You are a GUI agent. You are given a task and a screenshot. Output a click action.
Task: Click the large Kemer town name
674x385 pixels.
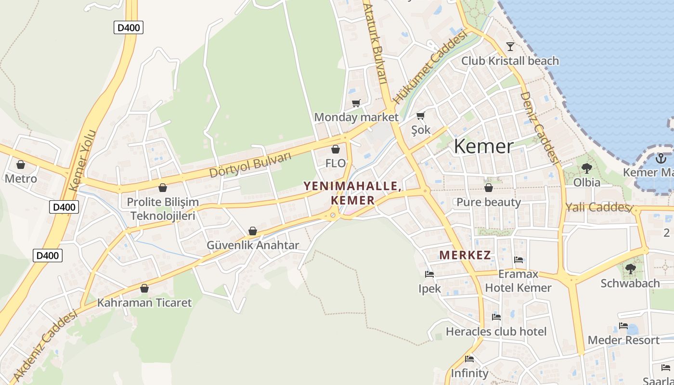483,146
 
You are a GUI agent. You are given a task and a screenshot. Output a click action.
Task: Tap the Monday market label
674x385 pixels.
356,117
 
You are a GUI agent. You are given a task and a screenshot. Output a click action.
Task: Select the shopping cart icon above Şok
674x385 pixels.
420,115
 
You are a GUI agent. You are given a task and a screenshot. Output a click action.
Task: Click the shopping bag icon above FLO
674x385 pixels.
336,149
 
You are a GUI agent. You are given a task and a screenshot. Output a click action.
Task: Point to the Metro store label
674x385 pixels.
21,179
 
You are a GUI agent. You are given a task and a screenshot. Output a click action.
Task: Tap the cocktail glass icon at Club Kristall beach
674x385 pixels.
510,46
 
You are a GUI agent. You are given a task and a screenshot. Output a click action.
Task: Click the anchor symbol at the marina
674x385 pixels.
661,158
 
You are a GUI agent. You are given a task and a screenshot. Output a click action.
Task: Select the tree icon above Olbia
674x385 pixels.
586,168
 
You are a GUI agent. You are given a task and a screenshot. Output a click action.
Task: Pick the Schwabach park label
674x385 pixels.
630,283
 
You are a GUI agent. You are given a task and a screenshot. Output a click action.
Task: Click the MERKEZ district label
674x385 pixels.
465,256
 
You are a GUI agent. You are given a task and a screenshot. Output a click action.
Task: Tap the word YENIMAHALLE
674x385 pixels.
352,186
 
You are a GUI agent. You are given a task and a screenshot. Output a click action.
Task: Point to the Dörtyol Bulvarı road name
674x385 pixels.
250,165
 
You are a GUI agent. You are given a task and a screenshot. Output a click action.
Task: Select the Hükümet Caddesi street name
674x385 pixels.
430,67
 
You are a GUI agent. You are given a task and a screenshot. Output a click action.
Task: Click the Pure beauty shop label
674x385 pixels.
489,202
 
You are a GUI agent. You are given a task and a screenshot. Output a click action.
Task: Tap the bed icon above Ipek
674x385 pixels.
429,274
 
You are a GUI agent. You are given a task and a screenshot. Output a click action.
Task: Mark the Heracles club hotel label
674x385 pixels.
496,332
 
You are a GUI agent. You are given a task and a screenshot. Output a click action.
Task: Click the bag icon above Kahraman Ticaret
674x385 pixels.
144,288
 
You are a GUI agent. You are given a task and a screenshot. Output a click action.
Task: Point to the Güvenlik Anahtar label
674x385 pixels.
253,245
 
